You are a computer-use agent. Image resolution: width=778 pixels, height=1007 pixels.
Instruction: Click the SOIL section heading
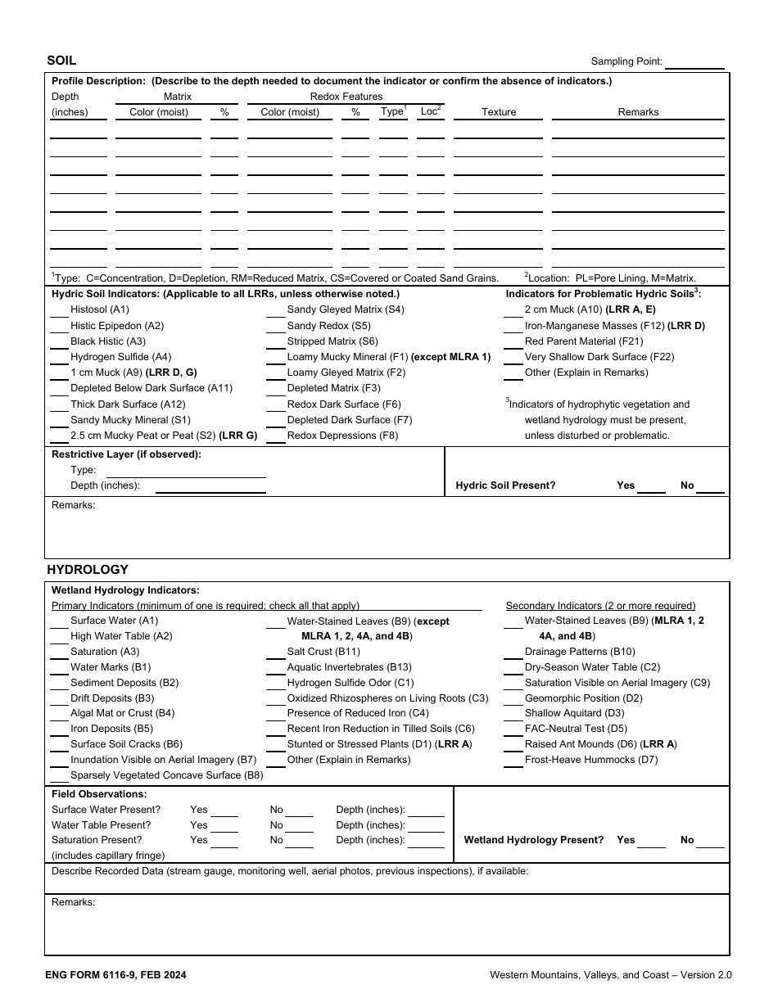click(x=61, y=61)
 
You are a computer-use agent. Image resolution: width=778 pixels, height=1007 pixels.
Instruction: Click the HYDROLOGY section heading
click(x=88, y=570)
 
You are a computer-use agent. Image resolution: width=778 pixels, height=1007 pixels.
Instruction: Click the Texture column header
click(x=499, y=112)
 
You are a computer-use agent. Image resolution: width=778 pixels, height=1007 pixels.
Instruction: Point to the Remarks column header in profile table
click(x=638, y=112)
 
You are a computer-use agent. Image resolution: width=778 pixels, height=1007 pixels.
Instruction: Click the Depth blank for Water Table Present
click(x=426, y=828)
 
